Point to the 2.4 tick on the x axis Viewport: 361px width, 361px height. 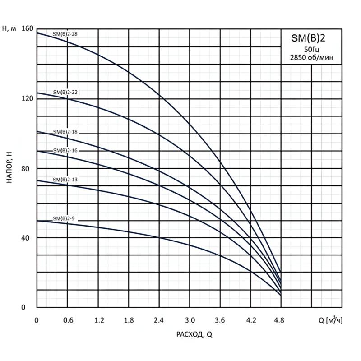159,321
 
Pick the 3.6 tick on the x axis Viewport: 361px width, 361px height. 220,321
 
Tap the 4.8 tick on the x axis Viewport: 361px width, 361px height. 281,321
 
